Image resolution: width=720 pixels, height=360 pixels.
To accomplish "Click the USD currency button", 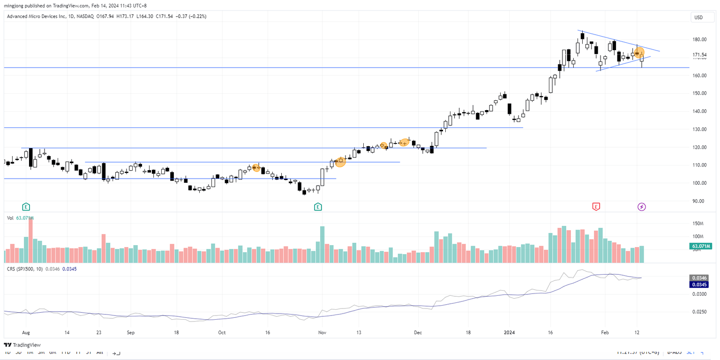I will (x=698, y=18).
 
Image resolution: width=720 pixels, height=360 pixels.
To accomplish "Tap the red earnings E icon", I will (x=596, y=206).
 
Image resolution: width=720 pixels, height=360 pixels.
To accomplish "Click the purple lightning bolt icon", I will (x=642, y=206).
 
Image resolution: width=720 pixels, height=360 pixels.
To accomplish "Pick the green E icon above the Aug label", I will (x=26, y=206).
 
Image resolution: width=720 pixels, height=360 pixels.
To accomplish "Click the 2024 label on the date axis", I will (x=509, y=332).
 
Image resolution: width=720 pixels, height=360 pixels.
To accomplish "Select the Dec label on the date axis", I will (x=418, y=332).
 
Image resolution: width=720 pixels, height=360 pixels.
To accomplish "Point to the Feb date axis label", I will (x=605, y=332).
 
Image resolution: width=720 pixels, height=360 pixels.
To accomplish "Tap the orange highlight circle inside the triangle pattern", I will (x=639, y=53).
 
